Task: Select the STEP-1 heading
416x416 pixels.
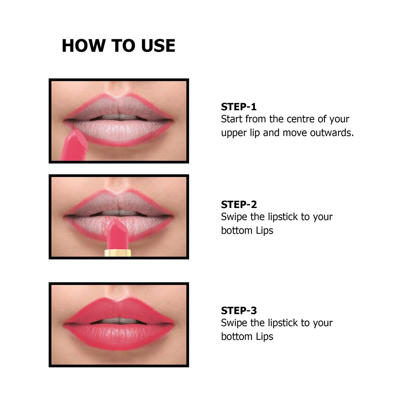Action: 239,107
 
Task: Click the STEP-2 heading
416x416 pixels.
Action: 239,204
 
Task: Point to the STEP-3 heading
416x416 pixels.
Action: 239,310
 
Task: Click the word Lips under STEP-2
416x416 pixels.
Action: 265,230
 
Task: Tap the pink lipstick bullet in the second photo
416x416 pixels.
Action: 117,232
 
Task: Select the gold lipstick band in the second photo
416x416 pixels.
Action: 118,253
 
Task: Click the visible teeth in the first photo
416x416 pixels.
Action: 119,117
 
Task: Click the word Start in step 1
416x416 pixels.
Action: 232,119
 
